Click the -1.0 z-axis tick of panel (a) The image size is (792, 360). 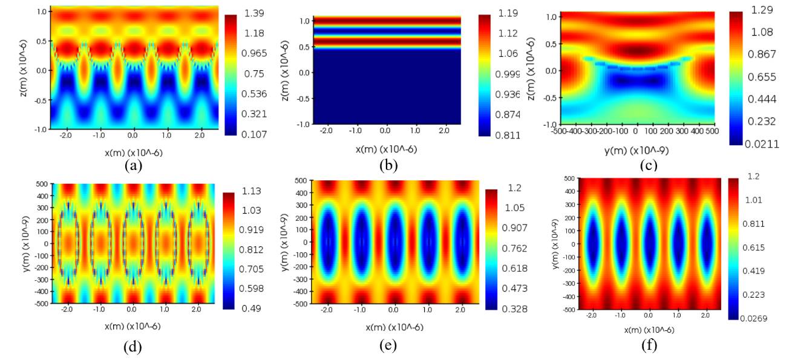click(x=41, y=129)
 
